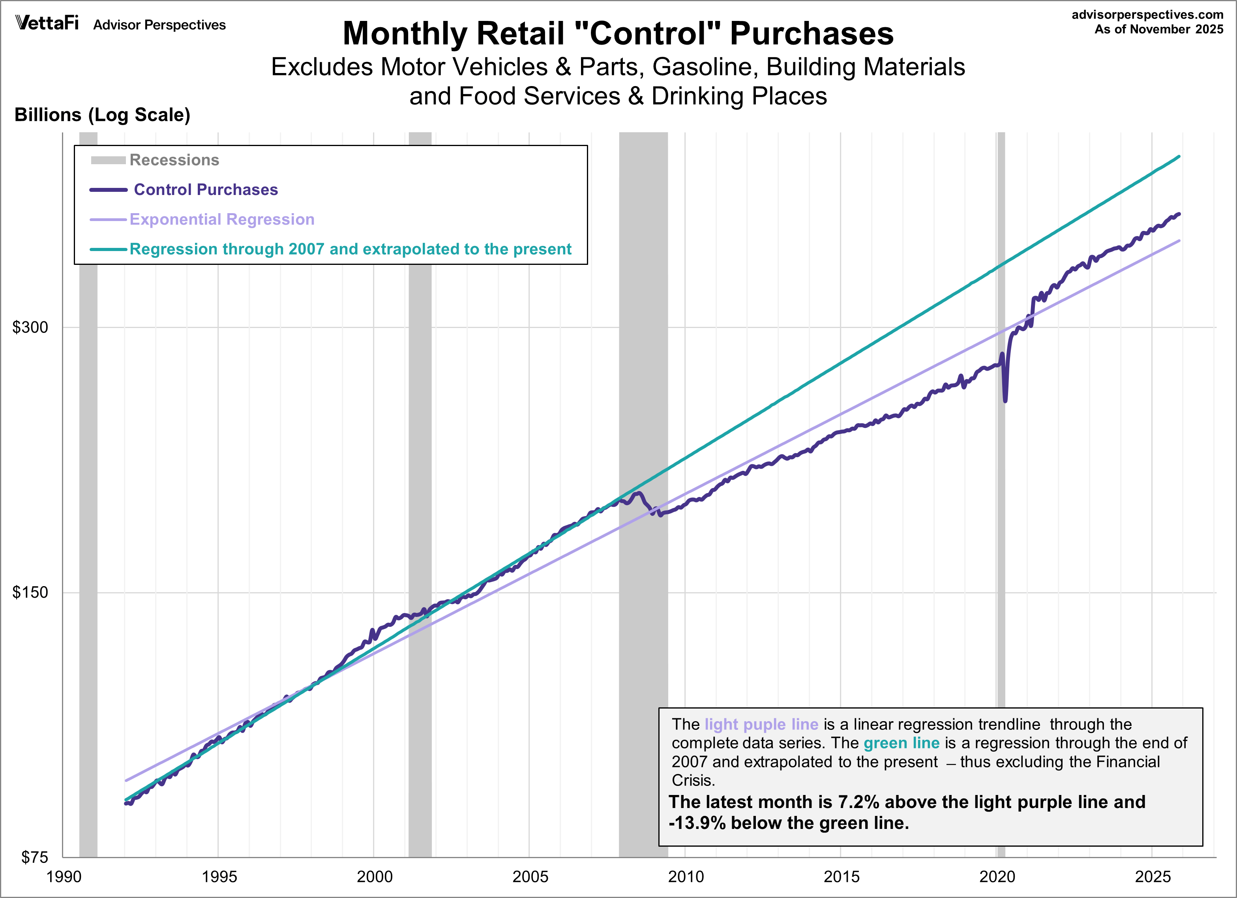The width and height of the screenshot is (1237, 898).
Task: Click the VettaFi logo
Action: [47, 23]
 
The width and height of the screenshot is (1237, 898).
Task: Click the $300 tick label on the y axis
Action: [30, 327]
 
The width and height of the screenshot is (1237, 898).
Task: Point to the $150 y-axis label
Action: [30, 592]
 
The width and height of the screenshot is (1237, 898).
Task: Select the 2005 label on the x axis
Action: [530, 877]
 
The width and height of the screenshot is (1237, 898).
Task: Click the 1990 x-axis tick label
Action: [64, 877]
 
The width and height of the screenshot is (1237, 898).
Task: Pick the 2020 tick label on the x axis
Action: [997, 877]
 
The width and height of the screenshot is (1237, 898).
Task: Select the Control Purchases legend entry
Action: [206, 189]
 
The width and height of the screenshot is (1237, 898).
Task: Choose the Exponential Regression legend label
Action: [222, 219]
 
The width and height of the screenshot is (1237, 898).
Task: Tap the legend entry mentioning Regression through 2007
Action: [350, 249]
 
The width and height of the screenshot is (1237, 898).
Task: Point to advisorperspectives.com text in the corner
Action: [1147, 15]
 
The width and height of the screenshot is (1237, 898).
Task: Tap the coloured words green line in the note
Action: [901, 743]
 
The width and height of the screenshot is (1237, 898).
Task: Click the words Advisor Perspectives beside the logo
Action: [159, 25]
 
